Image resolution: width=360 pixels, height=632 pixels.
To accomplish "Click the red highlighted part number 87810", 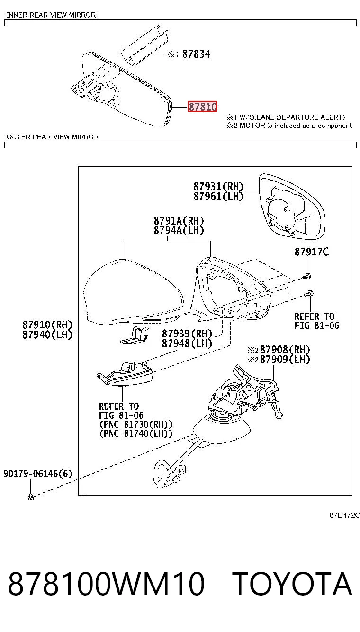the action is [202, 107].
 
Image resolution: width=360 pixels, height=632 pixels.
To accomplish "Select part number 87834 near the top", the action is [196, 54].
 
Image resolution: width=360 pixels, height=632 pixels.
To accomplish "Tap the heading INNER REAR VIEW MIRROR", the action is [51, 15].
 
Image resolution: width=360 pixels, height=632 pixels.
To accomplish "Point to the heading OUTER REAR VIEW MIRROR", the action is [53, 137].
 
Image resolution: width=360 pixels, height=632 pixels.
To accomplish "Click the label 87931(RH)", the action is [218, 186].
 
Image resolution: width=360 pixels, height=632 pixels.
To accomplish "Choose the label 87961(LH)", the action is [218, 196].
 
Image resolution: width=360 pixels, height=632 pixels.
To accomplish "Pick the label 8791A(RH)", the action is [179, 220].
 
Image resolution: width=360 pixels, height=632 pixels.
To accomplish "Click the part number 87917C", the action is [312, 252].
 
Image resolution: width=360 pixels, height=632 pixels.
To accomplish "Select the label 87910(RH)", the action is [47, 325].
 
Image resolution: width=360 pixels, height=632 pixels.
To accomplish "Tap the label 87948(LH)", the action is [187, 343].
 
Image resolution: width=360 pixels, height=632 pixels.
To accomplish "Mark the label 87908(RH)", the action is [285, 350].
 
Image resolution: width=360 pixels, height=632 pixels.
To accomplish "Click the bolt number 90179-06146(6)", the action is [38, 473].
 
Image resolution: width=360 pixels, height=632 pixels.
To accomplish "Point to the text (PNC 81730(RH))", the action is [135, 424].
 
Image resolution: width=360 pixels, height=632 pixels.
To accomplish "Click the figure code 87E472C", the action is [344, 515].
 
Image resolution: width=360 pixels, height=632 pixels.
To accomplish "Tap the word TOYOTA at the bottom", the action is [293, 584].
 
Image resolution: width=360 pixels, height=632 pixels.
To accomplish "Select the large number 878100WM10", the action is [106, 584].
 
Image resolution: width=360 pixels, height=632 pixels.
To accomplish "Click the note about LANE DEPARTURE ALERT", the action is [286, 117].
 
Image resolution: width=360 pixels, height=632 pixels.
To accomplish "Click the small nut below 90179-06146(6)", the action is [31, 497].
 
